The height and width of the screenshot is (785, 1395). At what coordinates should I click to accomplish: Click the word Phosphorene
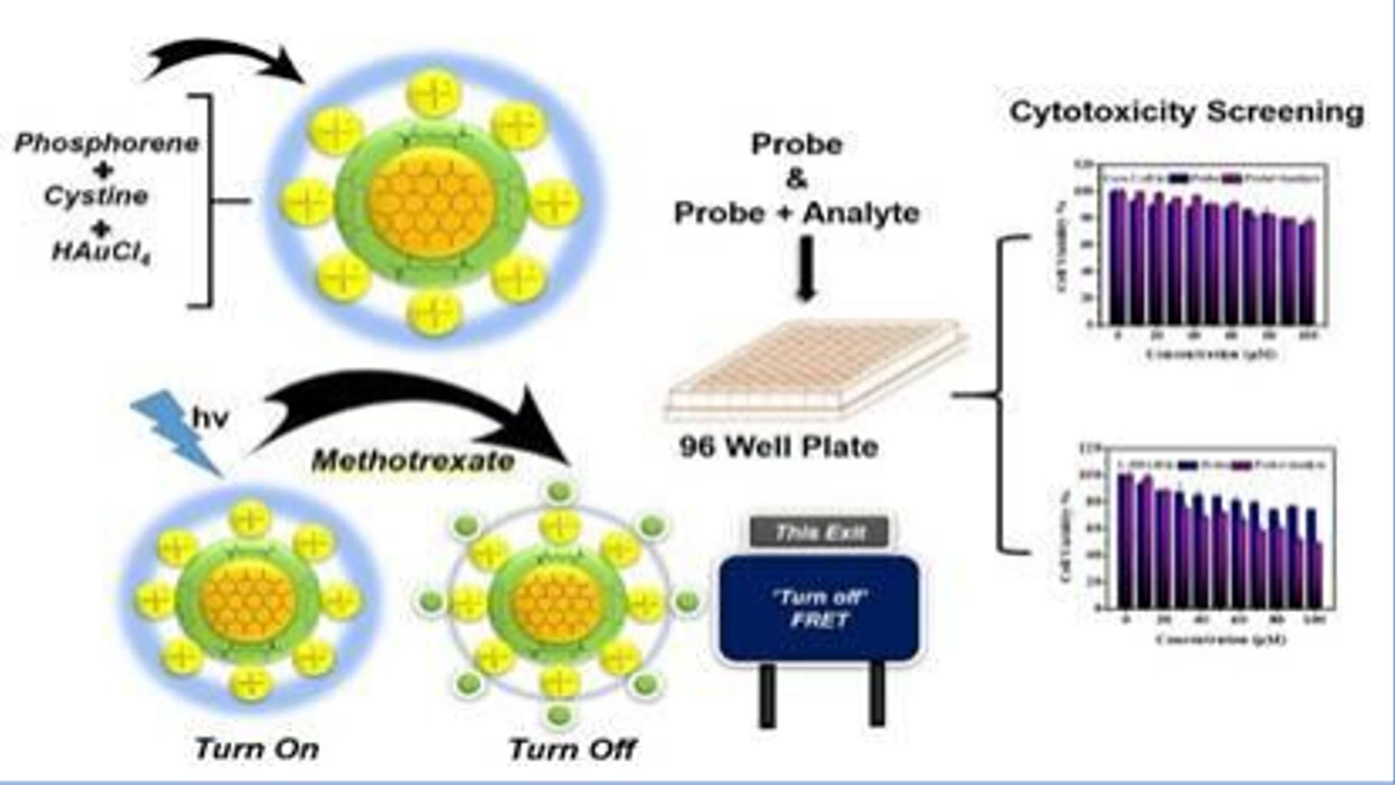click(x=107, y=143)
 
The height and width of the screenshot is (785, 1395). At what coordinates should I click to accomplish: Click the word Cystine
click(x=96, y=196)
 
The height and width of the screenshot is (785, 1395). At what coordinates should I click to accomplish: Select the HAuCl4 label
click(x=101, y=252)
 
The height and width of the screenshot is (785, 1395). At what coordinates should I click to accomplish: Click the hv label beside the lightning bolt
click(x=211, y=418)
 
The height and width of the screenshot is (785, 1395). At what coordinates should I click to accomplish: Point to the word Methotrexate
click(x=413, y=461)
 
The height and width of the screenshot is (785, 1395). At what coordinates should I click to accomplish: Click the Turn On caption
click(x=256, y=749)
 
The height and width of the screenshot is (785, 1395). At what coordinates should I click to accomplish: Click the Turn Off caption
click(x=572, y=749)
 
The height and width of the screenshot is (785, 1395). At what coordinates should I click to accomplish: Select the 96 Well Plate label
click(x=779, y=446)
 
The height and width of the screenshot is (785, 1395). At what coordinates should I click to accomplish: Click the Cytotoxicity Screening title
click(x=1186, y=112)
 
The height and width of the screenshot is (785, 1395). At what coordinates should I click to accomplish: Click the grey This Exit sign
click(x=820, y=533)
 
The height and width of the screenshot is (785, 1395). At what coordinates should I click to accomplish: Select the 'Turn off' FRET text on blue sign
click(x=820, y=608)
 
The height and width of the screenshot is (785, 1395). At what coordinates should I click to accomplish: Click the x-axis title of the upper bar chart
click(x=1212, y=354)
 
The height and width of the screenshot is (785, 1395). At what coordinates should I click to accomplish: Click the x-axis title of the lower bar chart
click(x=1221, y=639)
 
